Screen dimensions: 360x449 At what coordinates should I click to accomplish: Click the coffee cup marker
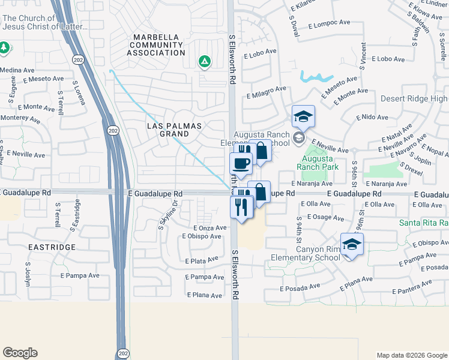(x=241, y=163)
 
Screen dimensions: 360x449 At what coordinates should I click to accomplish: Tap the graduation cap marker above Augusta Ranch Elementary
(x=304, y=116)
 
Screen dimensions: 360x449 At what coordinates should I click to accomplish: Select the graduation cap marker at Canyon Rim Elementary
(x=352, y=244)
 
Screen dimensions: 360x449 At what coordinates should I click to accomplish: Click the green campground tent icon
(x=205, y=61)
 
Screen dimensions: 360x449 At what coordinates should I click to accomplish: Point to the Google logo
(x=20, y=353)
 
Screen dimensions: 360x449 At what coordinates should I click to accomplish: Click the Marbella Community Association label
(x=157, y=45)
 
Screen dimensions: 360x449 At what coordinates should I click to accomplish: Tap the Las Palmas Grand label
(x=174, y=130)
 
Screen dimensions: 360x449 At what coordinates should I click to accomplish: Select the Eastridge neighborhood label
(x=51, y=247)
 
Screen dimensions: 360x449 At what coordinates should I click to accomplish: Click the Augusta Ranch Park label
(x=318, y=163)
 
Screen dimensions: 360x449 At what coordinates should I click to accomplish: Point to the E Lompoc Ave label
(x=329, y=23)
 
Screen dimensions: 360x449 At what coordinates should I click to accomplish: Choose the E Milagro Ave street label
(x=265, y=91)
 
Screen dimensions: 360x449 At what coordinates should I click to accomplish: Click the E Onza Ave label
(x=210, y=228)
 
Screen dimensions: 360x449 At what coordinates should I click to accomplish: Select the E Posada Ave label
(x=300, y=287)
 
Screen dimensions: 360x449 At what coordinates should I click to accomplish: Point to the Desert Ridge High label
(x=414, y=98)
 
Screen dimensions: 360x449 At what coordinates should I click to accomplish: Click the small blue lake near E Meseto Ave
(x=316, y=77)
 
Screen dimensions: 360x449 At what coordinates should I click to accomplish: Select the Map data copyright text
(x=411, y=355)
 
